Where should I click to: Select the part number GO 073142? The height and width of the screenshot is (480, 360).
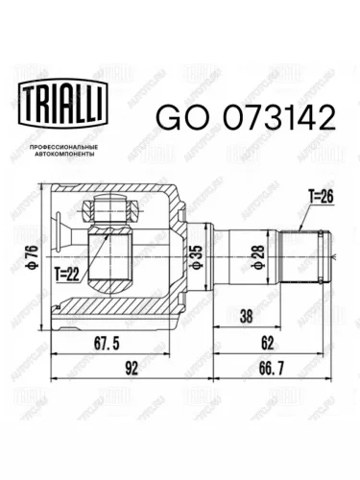pos(246,117)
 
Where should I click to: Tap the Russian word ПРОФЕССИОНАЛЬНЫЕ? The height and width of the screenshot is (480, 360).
pos(63,147)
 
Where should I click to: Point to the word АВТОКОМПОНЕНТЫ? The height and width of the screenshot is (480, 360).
pos(63,154)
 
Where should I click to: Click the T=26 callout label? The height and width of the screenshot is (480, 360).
pos(321,197)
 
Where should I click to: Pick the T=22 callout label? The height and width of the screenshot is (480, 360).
pos(66,275)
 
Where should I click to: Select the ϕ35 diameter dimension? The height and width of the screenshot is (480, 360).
pos(196,256)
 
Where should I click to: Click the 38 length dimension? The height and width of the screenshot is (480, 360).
pos(246,316)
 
